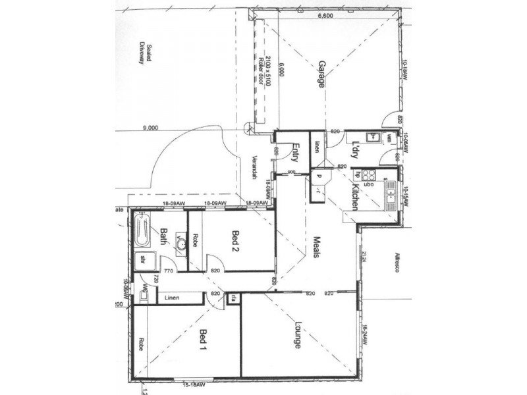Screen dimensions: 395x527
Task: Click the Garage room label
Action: pyautogui.click(x=322, y=74)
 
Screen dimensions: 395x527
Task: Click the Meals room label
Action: pyautogui.click(x=316, y=246)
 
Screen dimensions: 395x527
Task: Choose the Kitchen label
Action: pyautogui.click(x=354, y=197)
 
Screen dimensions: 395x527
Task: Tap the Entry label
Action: pyautogui.click(x=296, y=153)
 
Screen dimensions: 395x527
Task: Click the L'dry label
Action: pyautogui.click(x=354, y=150)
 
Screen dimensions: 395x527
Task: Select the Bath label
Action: pyautogui.click(x=163, y=236)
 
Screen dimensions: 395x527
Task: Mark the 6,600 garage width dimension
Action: pyautogui.click(x=324, y=16)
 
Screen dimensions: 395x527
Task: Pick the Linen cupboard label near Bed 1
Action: pyautogui.click(x=173, y=298)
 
